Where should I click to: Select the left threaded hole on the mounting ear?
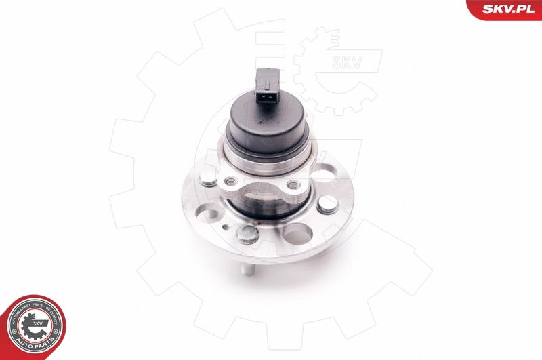(x=230, y=182)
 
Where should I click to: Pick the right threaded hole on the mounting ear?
(x=292, y=184)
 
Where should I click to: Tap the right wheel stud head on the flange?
(x=329, y=201)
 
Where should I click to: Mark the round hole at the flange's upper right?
(x=322, y=176)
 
